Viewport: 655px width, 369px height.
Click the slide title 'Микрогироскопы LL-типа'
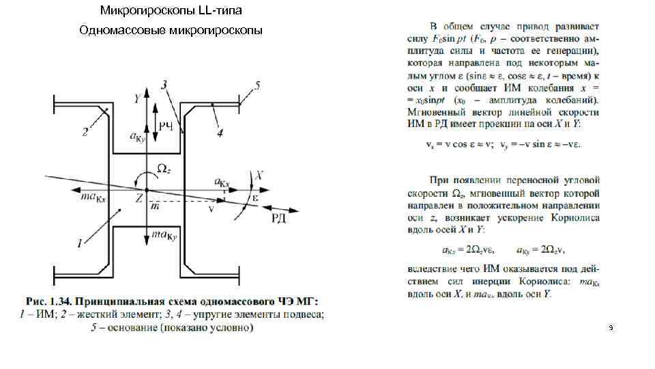[171, 10]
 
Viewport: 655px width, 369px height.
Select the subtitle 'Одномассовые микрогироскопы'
[171, 31]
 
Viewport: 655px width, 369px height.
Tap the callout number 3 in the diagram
[164, 85]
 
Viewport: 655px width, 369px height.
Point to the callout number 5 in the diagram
[257, 85]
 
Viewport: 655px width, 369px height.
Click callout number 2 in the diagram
[85, 133]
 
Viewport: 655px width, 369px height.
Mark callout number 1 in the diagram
[79, 242]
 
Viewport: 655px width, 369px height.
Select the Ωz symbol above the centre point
[164, 168]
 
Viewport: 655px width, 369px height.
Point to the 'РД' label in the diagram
[278, 218]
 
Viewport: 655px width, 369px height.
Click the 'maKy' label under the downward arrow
[164, 236]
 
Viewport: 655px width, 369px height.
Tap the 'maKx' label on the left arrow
[91, 197]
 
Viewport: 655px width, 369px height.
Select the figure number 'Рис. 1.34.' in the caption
[48, 302]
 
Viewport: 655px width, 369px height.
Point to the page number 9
[611, 329]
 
